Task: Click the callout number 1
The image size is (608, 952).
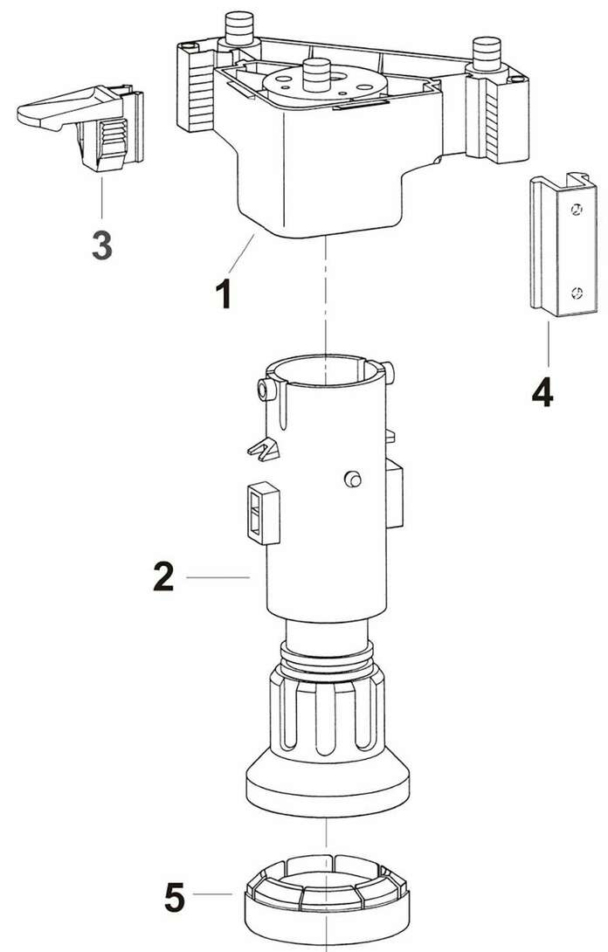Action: coord(224,293)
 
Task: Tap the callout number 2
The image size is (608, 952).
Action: coord(163,576)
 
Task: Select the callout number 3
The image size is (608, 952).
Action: coord(102,245)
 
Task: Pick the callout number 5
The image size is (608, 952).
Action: coord(175,898)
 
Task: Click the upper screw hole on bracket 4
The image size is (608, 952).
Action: coord(577,210)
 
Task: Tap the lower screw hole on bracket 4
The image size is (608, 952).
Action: coord(577,294)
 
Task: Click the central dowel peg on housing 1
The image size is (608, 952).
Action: coord(316,75)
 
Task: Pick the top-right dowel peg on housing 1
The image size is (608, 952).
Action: coord(487,53)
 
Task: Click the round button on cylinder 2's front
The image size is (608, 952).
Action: coord(352,479)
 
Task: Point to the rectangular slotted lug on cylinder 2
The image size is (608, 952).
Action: coord(264,513)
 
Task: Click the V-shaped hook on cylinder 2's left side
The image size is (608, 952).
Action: coord(264,449)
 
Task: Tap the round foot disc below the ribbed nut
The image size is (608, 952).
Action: coord(328,783)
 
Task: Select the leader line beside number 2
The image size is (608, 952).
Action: coord(218,577)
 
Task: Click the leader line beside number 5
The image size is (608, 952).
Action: coord(212,894)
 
